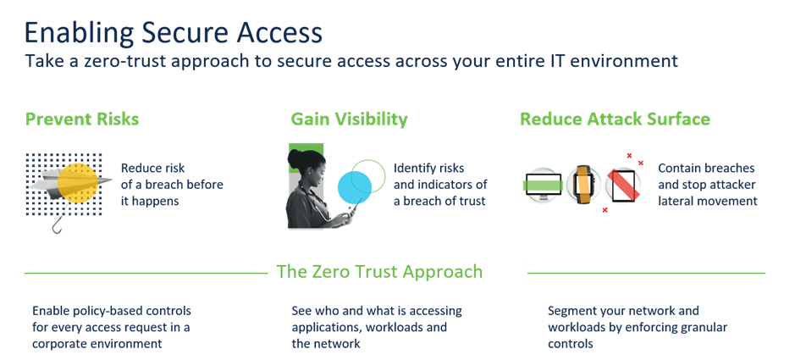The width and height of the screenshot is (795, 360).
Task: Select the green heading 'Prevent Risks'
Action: [x=81, y=119]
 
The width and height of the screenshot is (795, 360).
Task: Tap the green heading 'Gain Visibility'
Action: [x=349, y=119]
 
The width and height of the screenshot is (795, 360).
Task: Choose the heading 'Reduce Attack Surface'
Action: [x=615, y=119]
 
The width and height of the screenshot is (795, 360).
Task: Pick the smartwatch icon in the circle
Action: [x=582, y=184]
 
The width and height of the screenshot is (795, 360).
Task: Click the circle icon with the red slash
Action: [x=622, y=184]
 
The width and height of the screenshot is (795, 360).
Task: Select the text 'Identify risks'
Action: [x=429, y=168]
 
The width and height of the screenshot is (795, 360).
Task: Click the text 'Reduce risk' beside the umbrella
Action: [x=152, y=167]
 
